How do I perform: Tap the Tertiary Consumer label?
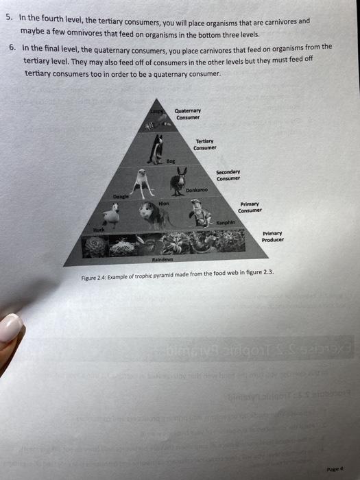204,145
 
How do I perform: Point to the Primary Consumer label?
250,206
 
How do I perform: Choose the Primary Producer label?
273,237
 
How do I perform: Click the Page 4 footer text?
334,467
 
